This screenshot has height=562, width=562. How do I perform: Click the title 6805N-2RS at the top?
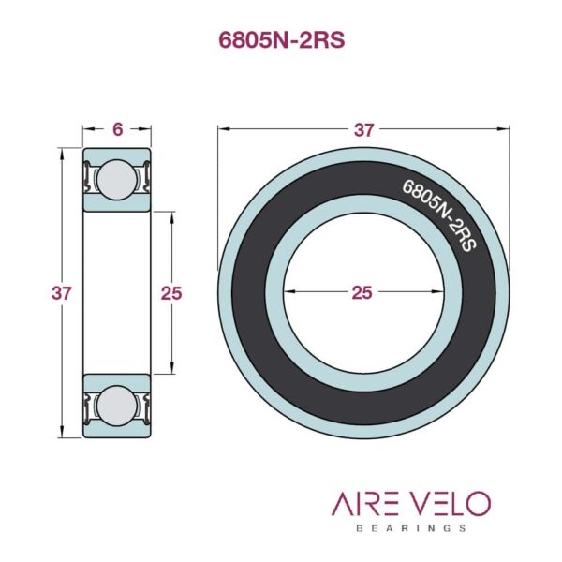point(281,42)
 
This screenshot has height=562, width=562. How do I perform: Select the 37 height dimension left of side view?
point(62,292)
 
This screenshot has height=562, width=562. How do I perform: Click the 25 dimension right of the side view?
point(170,292)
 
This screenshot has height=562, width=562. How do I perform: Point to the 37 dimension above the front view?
point(362,130)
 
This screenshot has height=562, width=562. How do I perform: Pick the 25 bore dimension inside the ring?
point(362,292)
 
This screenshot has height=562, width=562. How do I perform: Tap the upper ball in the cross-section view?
point(116,178)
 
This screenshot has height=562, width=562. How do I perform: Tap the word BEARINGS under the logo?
point(411,528)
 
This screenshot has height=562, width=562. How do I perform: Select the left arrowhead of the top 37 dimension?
point(221,130)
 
